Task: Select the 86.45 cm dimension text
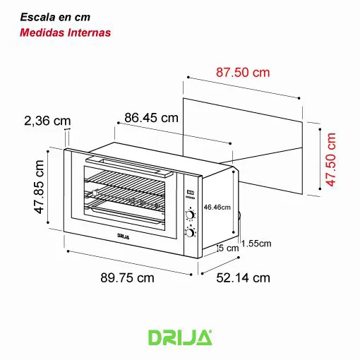151,117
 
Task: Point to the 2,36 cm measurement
47,121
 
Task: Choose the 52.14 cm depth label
242,277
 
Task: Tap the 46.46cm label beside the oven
217,208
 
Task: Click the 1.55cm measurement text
256,244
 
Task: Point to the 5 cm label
229,248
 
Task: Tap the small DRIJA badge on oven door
124,236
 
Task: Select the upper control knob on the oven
191,216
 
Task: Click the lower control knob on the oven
191,232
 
